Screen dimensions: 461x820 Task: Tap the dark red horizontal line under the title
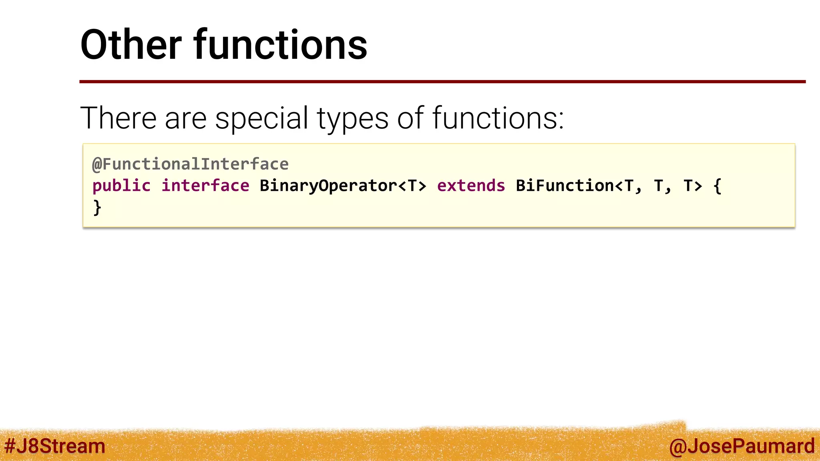click(x=442, y=82)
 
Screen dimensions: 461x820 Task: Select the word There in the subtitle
click(x=118, y=118)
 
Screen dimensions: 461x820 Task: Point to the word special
click(x=261, y=119)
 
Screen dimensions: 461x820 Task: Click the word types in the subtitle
click(x=352, y=119)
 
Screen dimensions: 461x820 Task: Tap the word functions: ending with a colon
click(x=498, y=118)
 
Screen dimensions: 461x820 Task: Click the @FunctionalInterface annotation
click(x=190, y=164)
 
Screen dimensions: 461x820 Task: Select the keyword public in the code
click(x=121, y=186)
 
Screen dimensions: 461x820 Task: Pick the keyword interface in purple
click(x=205, y=186)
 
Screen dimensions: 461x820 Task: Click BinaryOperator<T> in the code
click(x=343, y=186)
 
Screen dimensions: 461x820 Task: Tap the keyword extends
click(x=471, y=186)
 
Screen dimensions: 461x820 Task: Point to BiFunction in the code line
click(x=565, y=186)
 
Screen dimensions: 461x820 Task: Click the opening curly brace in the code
click(x=717, y=186)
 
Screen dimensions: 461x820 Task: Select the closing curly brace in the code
click(x=97, y=208)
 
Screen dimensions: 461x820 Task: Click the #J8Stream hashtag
click(x=54, y=446)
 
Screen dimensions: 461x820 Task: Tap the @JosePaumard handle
click(x=742, y=446)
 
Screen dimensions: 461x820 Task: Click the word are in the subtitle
click(x=185, y=119)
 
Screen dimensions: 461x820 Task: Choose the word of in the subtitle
click(x=410, y=118)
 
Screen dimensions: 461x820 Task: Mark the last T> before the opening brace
click(x=693, y=186)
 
